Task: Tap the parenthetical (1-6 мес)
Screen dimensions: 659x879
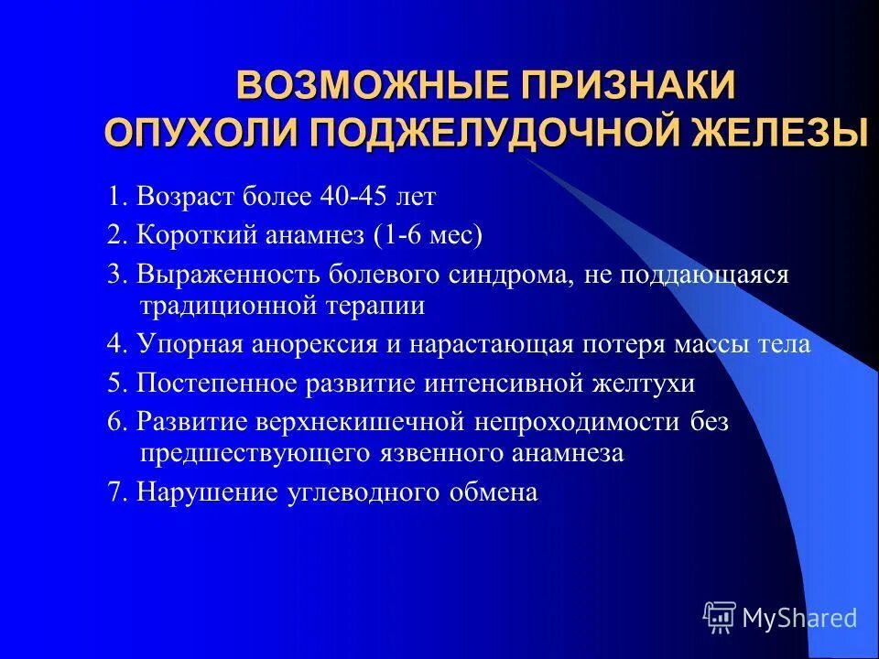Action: click(428, 235)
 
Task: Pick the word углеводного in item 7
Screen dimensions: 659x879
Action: click(363, 492)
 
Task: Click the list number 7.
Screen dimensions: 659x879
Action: click(115, 492)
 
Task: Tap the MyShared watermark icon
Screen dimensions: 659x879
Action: click(720, 618)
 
